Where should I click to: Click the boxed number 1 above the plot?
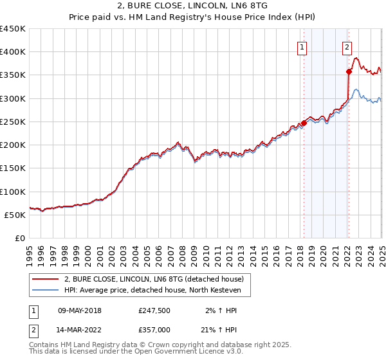click(x=302, y=46)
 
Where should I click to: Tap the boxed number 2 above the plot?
click(x=347, y=46)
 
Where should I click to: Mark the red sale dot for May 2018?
click(x=304, y=123)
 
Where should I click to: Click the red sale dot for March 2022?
click(x=349, y=72)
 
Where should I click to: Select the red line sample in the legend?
click(x=46, y=280)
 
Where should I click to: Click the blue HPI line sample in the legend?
click(x=46, y=291)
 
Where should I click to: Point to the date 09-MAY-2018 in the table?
click(x=80, y=310)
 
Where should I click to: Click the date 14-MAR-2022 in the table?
click(x=80, y=330)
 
